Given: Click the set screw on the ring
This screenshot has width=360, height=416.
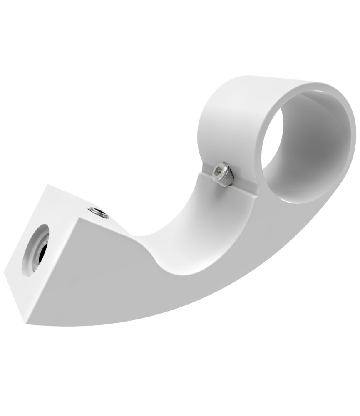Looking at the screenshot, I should click(223, 175).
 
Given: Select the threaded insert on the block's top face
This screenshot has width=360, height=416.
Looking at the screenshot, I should click(98, 213).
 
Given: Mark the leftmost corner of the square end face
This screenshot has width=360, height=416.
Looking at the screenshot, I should click(5, 272).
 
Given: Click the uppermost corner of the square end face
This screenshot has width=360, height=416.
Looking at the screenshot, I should click(48, 185).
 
